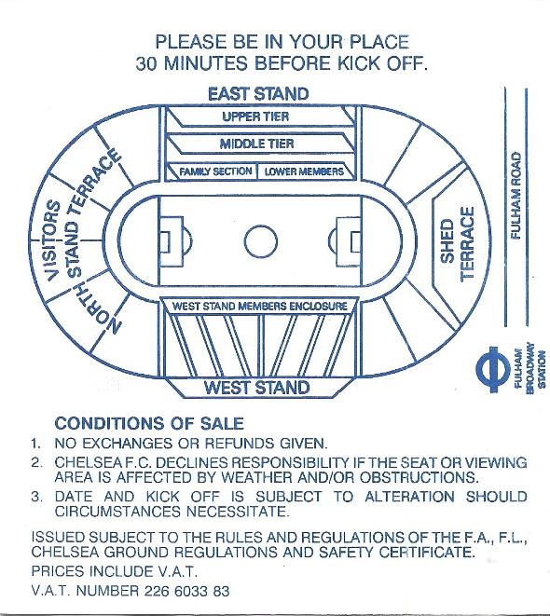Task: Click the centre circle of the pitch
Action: tap(260, 226)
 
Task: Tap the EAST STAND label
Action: tap(258, 94)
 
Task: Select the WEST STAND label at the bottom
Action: tap(257, 388)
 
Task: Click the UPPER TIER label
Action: tap(255, 116)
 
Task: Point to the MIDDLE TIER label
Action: tap(256, 144)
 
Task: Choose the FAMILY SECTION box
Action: tap(215, 171)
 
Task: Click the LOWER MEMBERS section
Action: tap(304, 171)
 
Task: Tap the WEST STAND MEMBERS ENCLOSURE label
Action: tap(260, 306)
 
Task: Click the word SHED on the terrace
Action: tap(447, 240)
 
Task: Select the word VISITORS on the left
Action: tap(53, 240)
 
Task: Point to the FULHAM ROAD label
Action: tap(516, 196)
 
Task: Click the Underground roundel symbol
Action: tap(492, 369)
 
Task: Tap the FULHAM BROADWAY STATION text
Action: tap(529, 367)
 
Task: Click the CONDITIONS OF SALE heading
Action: tap(149, 423)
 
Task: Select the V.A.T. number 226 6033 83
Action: tap(187, 591)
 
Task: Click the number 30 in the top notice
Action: tap(146, 63)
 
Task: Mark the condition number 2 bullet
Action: tap(36, 463)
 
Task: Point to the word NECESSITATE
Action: tap(238, 512)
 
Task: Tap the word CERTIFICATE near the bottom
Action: tap(427, 552)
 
